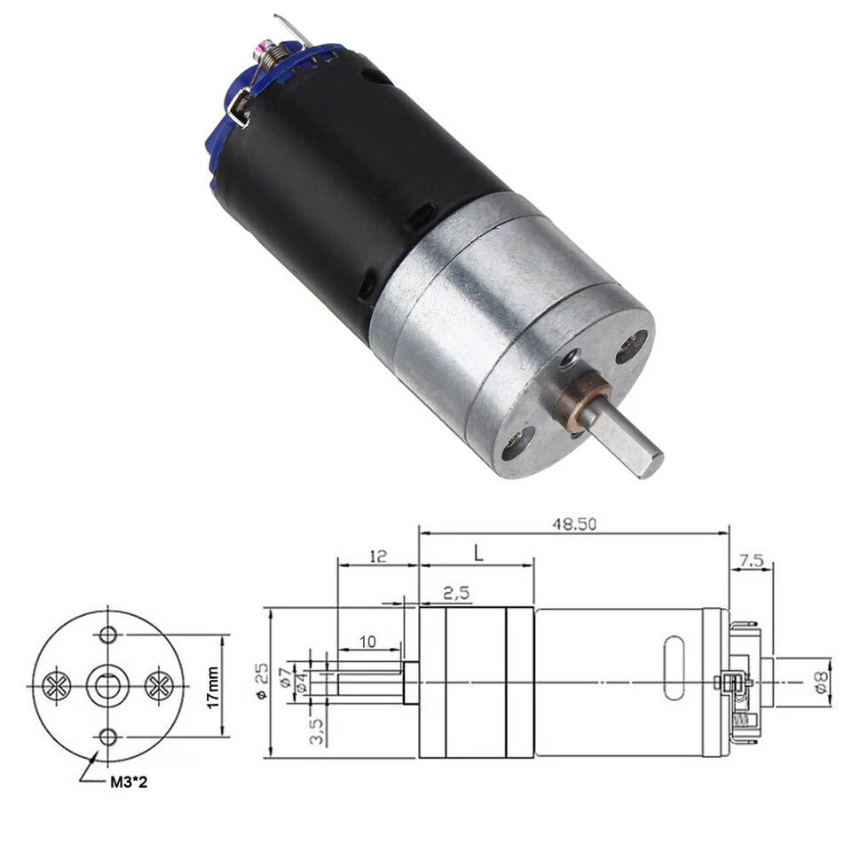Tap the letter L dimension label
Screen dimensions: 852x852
477,555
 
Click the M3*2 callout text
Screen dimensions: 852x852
130,781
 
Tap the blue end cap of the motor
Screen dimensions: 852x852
222,133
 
